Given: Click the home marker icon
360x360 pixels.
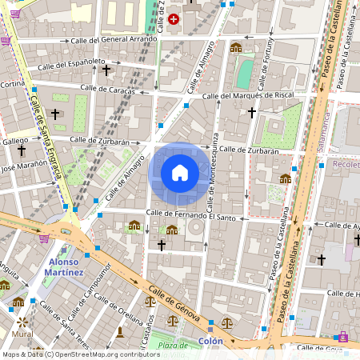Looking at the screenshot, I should click(x=180, y=172).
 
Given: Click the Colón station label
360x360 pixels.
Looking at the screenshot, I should click(x=210, y=341).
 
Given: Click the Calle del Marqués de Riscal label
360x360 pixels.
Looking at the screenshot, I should click(x=249, y=96).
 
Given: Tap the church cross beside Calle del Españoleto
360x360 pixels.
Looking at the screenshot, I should click(x=106, y=70).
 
